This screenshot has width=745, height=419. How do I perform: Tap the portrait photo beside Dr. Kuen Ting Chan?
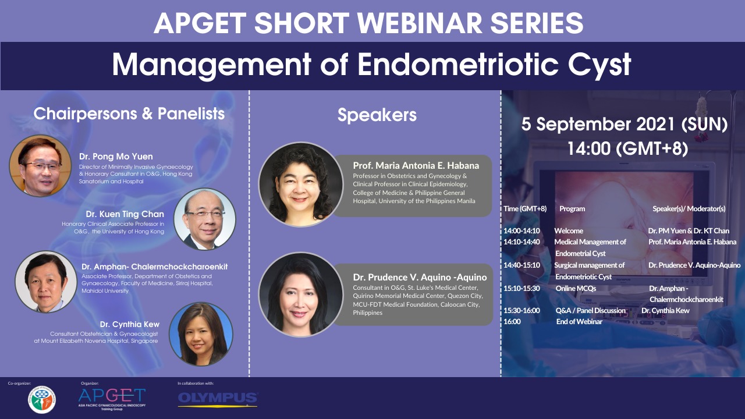[204, 219]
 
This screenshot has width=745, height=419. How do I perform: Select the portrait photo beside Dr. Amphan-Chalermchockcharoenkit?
[46, 282]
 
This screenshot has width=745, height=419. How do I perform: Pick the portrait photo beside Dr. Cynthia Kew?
[201, 334]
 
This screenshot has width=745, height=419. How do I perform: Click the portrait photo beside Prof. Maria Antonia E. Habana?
[300, 184]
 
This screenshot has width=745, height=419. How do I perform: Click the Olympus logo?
[218, 399]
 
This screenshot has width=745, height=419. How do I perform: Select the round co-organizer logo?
[41, 400]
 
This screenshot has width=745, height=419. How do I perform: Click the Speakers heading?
[377, 115]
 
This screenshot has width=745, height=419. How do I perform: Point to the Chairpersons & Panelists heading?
[129, 113]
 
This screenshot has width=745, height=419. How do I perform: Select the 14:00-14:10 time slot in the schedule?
[521, 230]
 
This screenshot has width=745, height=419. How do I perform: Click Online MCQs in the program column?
[576, 287]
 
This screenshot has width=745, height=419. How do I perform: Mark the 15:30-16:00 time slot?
[521, 310]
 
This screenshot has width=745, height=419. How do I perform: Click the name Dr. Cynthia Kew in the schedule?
[665, 310]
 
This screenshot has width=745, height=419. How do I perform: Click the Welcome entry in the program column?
[569, 230]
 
